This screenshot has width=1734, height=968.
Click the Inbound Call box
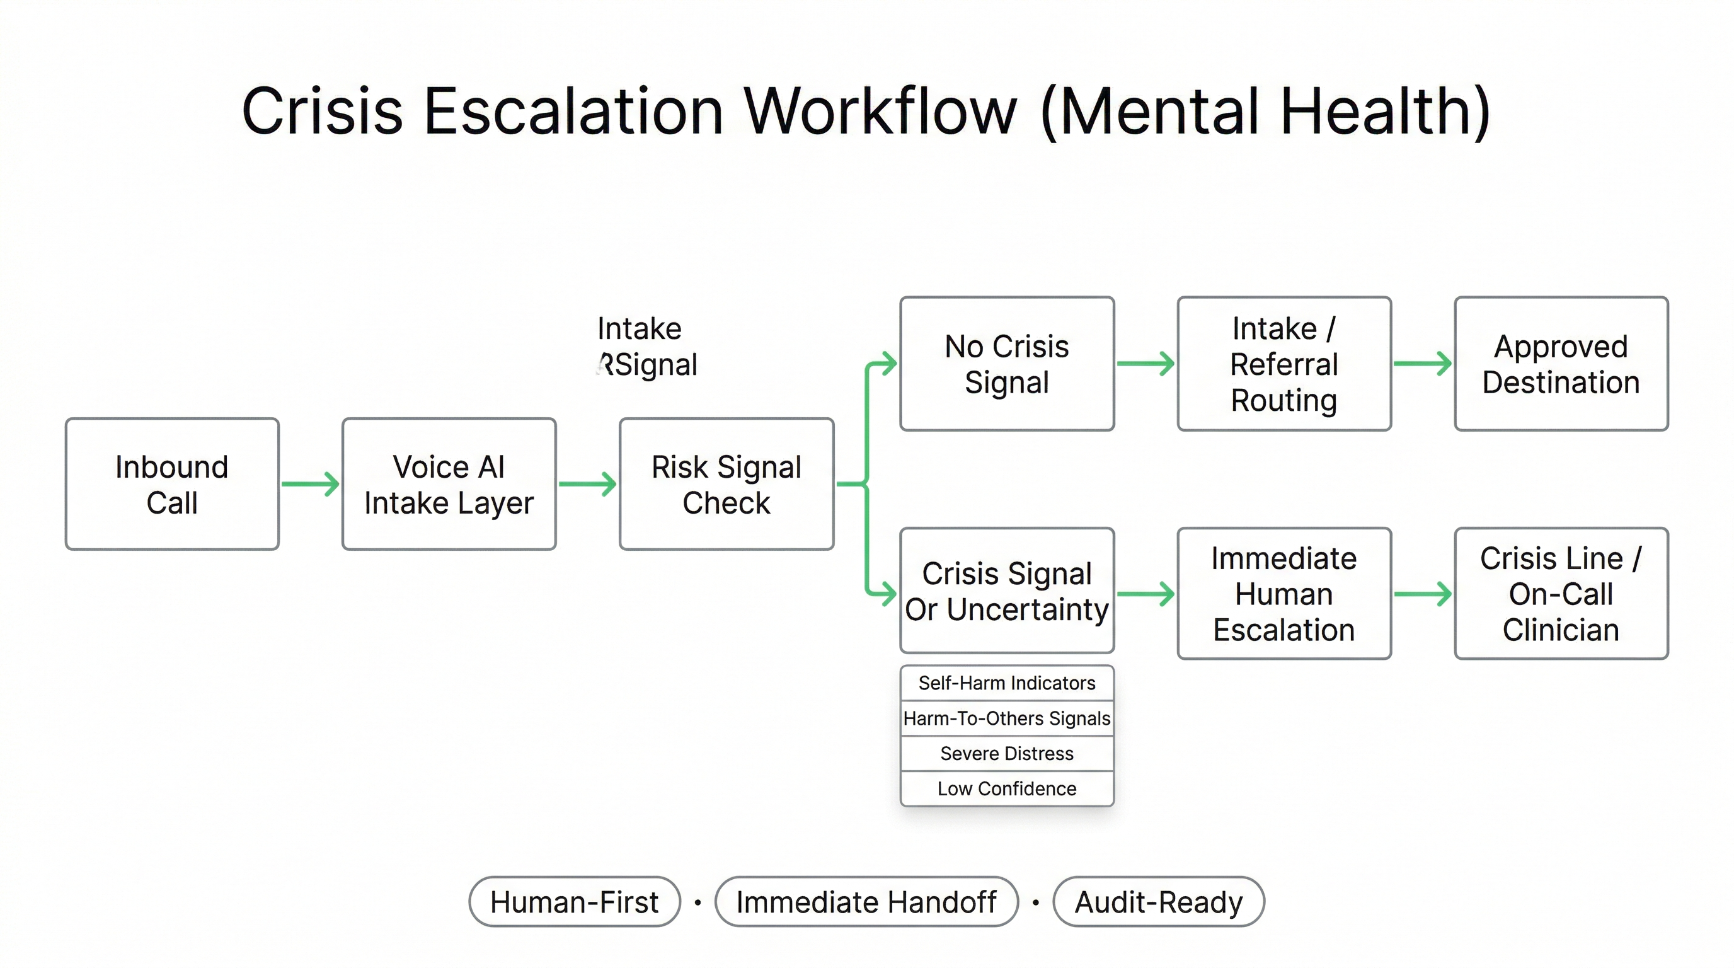pyautogui.click(x=171, y=484)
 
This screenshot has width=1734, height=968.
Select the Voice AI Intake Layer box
pyautogui.click(x=449, y=484)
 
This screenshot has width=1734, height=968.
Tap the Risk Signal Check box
pyautogui.click(x=726, y=484)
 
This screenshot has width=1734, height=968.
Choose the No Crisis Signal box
pyautogui.click(x=1007, y=364)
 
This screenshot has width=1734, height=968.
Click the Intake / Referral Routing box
pyautogui.click(x=1283, y=364)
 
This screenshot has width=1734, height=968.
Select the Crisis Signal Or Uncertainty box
pyautogui.click(x=1007, y=591)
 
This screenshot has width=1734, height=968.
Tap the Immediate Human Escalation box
pyautogui.click(x=1283, y=594)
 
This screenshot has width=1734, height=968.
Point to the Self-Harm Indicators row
pyautogui.click(x=1007, y=683)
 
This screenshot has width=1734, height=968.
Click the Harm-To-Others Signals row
pyautogui.click(x=1007, y=718)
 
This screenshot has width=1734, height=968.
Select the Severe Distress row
pyautogui.click(x=1007, y=753)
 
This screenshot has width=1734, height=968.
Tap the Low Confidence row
pyautogui.click(x=1007, y=788)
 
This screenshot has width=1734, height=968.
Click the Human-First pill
pyautogui.click(x=574, y=902)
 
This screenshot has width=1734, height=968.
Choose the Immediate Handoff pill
pyautogui.click(x=866, y=902)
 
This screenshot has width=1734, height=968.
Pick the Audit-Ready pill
pyautogui.click(x=1159, y=902)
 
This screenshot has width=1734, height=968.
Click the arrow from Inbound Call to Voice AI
pyautogui.click(x=310, y=484)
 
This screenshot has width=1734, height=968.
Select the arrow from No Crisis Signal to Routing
pyautogui.click(x=1145, y=364)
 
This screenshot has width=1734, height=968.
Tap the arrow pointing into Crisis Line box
pyautogui.click(x=1422, y=594)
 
